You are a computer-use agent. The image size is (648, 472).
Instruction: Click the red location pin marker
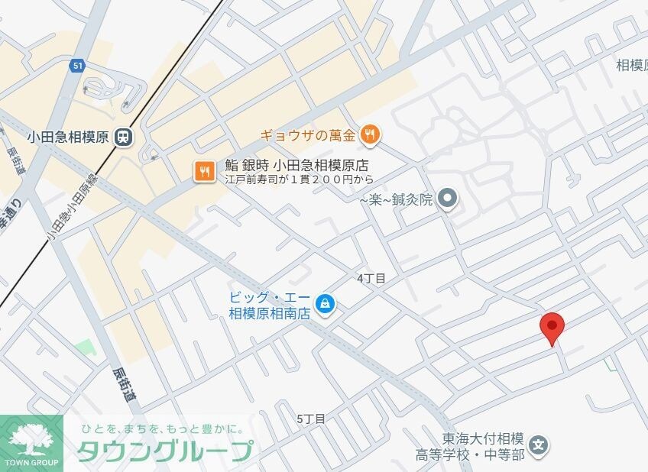point(552,327)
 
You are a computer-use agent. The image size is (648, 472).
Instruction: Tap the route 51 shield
point(77,66)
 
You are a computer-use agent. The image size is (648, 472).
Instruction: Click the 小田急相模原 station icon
point(122,137)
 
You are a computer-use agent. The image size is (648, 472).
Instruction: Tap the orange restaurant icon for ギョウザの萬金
point(371,136)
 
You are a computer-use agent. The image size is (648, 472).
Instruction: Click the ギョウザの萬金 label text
point(308,136)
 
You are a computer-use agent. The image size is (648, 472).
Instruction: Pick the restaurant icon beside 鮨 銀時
point(204,171)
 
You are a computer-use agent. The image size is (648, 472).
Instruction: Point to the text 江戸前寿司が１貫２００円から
point(299,180)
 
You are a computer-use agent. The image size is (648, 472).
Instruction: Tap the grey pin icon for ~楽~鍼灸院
point(449,199)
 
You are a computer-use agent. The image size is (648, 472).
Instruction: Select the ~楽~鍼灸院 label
point(396,200)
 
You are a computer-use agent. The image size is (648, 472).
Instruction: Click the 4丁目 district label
point(371,279)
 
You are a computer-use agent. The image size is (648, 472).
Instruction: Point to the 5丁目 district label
point(311,419)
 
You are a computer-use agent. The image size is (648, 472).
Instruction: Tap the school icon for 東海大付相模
point(539,446)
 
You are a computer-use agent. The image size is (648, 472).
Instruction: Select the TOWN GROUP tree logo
point(32,441)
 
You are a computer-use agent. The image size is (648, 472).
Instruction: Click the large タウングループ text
point(164,451)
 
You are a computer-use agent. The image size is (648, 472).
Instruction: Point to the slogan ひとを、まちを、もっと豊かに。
point(162,428)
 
